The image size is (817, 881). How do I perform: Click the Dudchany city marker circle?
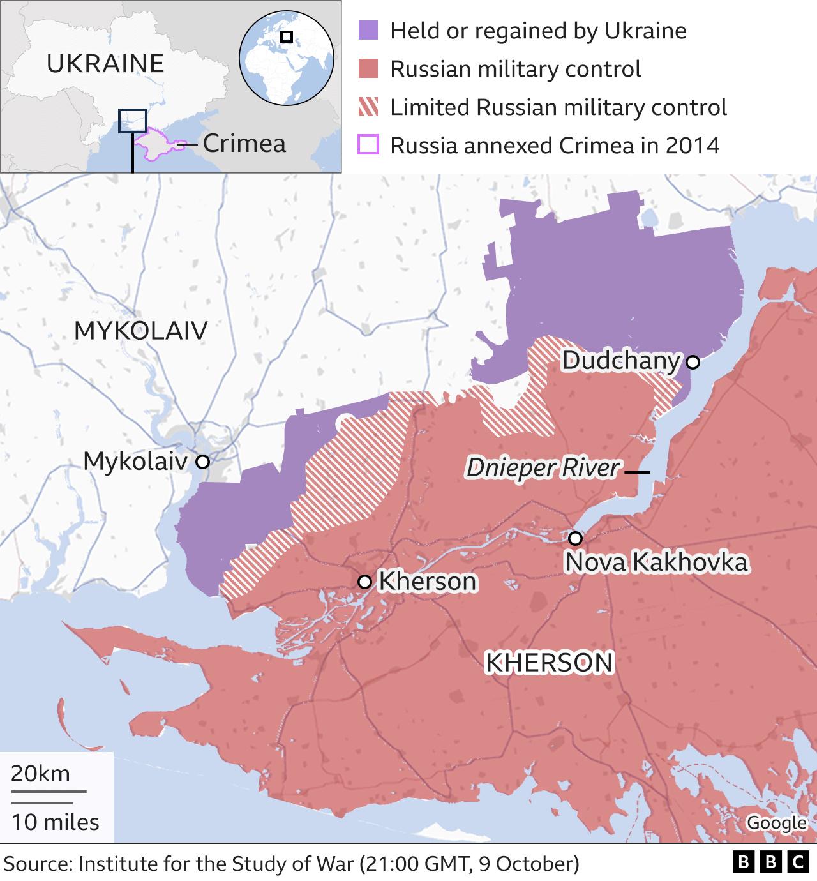coord(693,362)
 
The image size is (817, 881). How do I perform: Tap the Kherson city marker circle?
coord(364,582)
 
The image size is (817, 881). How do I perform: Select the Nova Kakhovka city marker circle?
coord(575,538)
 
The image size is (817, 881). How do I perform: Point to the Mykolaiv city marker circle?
coord(202,461)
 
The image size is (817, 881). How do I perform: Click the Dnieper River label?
coord(543,468)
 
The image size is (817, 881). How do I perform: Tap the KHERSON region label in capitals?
coord(549,663)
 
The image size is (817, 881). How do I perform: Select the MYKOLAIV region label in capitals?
coord(141,331)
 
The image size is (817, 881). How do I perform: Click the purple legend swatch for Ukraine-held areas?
coord(368,30)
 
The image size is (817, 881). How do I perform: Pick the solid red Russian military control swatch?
coord(368,68)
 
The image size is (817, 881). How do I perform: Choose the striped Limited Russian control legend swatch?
coord(368,107)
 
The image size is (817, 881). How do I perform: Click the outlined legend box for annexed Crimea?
coord(368,145)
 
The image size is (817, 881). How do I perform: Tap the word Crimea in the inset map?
coord(244,144)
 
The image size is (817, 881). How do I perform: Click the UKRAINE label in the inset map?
coord(105,64)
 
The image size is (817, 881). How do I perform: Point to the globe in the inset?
coord(287,58)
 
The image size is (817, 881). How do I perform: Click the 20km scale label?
coord(40,774)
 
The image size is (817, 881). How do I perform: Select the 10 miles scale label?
coord(55,822)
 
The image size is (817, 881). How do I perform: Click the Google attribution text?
coord(777,823)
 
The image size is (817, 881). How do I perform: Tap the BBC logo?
coord(770,862)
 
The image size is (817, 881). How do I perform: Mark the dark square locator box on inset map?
coord(132,121)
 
